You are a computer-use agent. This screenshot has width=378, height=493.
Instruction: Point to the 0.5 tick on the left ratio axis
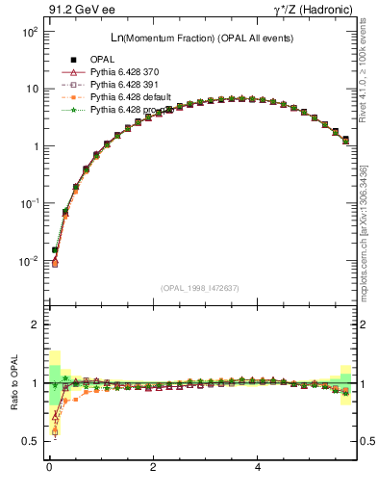pyautogui.click(x=29, y=441)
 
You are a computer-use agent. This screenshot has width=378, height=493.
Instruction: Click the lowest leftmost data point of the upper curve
pyautogui.click(x=55, y=262)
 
